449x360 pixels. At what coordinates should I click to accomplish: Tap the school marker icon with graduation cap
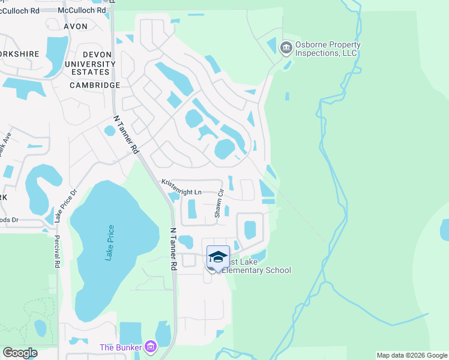pos(218,257)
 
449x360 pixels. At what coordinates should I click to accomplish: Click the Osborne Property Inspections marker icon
pos(286,47)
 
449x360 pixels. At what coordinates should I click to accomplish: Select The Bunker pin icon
pos(151,347)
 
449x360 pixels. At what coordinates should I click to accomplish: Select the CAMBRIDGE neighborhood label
pos(95,85)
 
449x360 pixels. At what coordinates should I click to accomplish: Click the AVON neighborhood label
pos(75,26)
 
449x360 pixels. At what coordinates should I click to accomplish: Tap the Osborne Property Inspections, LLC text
pos(327,49)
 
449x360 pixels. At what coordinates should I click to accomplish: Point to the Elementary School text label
pos(256,271)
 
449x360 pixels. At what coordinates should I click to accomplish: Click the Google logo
pos(20,353)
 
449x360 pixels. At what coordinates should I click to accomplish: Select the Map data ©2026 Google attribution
pos(411,355)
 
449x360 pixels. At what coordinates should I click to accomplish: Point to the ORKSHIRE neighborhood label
pos(20,53)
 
